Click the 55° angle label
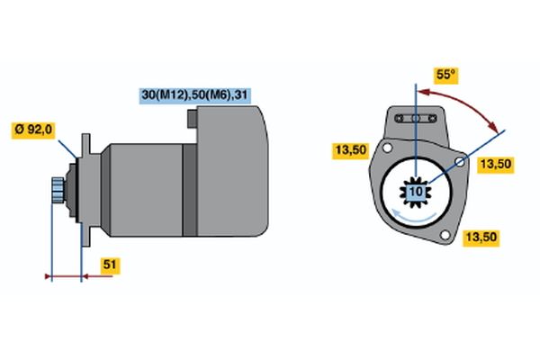[x=446, y=75]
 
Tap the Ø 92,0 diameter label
[x=33, y=130]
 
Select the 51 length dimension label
[x=110, y=265]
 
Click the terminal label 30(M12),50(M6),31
[x=194, y=95]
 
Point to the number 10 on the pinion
[x=416, y=192]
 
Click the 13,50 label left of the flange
[x=351, y=150]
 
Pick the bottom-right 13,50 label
[x=481, y=238]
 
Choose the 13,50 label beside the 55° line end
[x=496, y=165]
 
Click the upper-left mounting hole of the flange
[x=387, y=148]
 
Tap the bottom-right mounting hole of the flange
[x=445, y=235]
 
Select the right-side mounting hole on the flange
[x=460, y=162]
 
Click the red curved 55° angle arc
[x=463, y=103]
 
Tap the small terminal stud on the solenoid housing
[x=193, y=119]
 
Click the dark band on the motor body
[x=189, y=190]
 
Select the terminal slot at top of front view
[x=416, y=119]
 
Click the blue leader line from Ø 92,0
[x=67, y=149]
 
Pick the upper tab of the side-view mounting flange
[x=85, y=145]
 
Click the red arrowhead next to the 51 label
[x=86, y=276]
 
